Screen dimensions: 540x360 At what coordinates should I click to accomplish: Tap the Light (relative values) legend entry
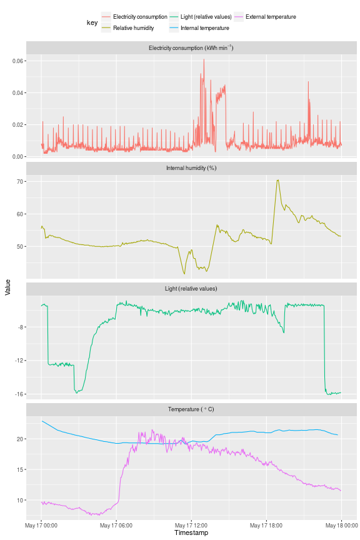click(204, 17)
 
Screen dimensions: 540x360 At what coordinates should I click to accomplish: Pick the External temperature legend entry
click(271, 17)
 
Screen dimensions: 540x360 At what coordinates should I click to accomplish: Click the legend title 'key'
click(92, 22)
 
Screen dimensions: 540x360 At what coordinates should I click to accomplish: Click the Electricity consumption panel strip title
click(191, 48)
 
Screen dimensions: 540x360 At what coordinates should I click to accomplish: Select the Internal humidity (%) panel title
click(191, 168)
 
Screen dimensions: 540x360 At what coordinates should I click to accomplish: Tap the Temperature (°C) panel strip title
click(191, 409)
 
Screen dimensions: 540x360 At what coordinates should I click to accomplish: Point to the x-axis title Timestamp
click(191, 533)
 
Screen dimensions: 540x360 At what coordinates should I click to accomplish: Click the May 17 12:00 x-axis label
click(191, 525)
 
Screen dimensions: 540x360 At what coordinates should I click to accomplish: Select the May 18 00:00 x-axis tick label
click(341, 525)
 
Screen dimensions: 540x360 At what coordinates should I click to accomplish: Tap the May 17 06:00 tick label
click(116, 525)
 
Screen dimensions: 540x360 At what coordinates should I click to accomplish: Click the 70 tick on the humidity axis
click(19, 182)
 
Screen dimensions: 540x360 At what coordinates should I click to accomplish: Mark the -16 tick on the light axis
click(18, 394)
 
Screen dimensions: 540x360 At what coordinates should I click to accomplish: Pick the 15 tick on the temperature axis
click(19, 469)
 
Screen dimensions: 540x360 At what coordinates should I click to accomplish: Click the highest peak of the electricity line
click(204, 59)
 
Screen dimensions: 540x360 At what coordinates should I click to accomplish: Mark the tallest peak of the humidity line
click(277, 180)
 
